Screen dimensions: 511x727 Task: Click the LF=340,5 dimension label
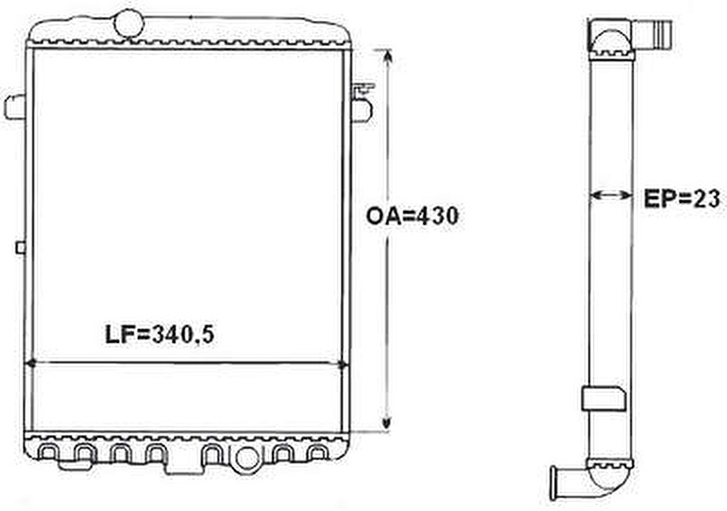pyautogui.click(x=159, y=334)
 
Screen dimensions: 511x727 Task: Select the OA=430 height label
pyautogui.click(x=412, y=217)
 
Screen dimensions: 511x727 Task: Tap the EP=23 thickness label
pyautogui.click(x=681, y=198)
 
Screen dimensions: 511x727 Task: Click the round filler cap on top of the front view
pyautogui.click(x=128, y=23)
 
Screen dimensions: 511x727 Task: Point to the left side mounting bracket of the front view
pyautogui.click(x=15, y=107)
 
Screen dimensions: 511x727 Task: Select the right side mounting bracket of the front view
pyautogui.click(x=362, y=103)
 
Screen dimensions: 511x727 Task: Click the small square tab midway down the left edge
pyautogui.click(x=20, y=247)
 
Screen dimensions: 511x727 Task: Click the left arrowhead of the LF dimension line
pyautogui.click(x=32, y=365)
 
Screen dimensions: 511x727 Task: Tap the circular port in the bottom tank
pyautogui.click(x=247, y=458)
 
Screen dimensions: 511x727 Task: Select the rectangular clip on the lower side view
pyautogui.click(x=603, y=398)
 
